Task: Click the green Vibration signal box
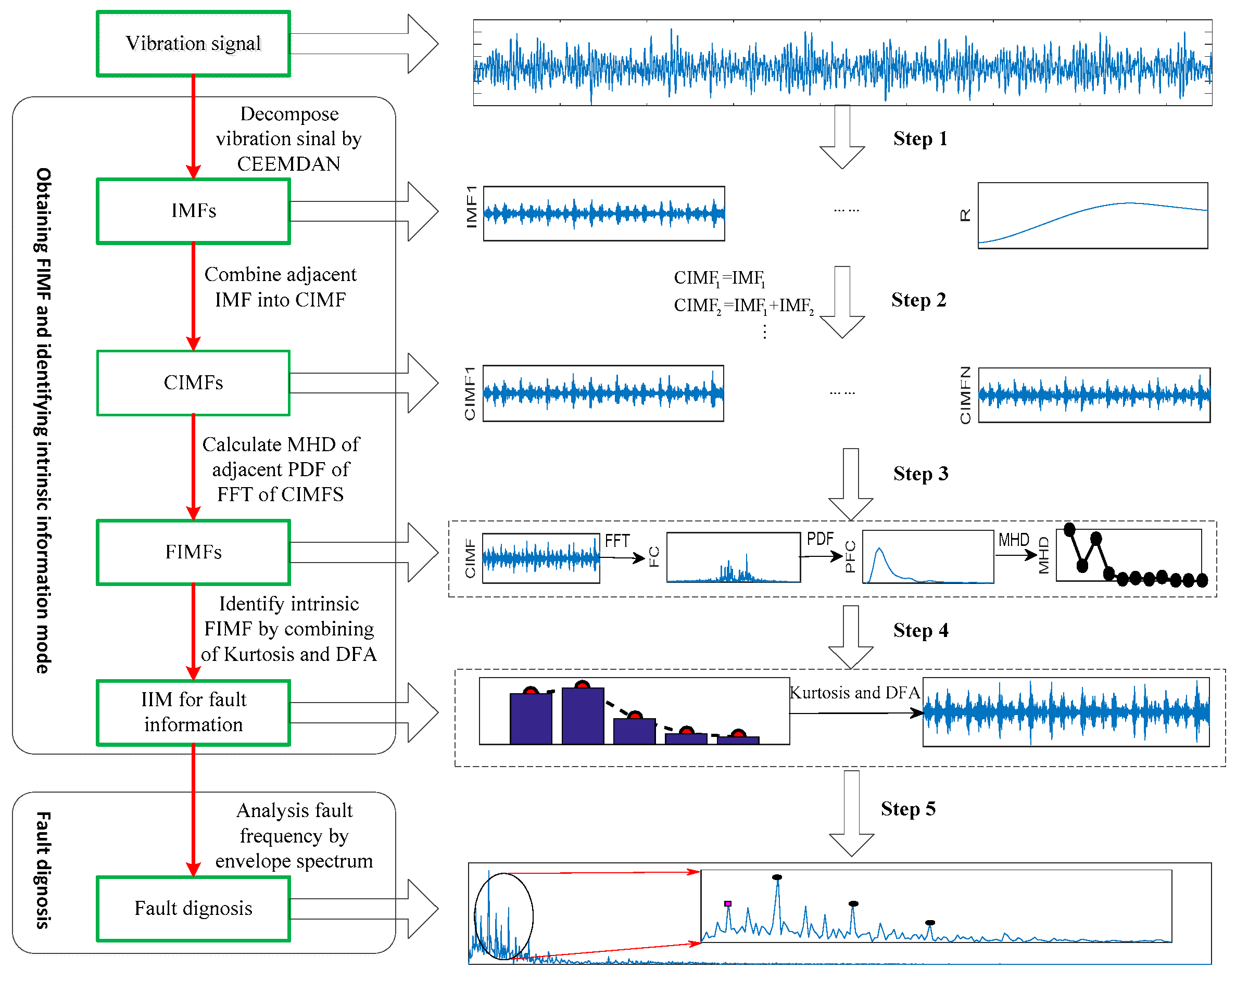click(193, 44)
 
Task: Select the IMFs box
click(193, 211)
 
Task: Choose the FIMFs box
click(193, 552)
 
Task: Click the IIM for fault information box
click(193, 712)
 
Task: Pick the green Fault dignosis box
click(193, 908)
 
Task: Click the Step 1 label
click(919, 138)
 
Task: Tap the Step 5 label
click(908, 809)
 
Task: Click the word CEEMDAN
click(288, 164)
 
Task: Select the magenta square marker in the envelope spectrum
click(727, 903)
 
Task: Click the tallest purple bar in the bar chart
click(583, 715)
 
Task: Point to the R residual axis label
click(965, 215)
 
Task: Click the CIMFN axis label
click(965, 395)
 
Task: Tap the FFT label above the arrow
click(617, 541)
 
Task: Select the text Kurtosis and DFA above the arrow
click(854, 693)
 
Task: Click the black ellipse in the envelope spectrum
click(503, 915)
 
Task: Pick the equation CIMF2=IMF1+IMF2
click(743, 306)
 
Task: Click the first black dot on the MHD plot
click(1069, 529)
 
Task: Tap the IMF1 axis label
click(471, 207)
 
